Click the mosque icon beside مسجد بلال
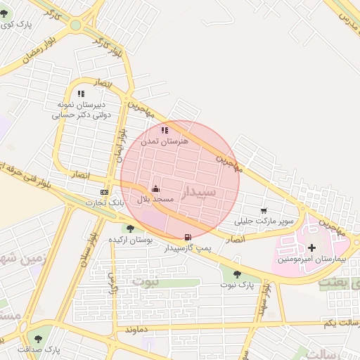coord(155,188)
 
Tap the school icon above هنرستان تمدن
coord(165,130)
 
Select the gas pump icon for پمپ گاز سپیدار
coord(187,237)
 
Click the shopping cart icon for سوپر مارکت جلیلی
coord(264,210)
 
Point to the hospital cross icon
coord(311,247)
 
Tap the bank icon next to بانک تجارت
coord(105,192)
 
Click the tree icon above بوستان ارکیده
coord(130,229)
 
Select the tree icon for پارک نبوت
coord(237,274)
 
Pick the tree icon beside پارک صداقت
coord(38,338)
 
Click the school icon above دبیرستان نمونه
coord(82,94)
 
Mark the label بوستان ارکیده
coord(130,240)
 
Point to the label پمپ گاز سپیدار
coord(186,248)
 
